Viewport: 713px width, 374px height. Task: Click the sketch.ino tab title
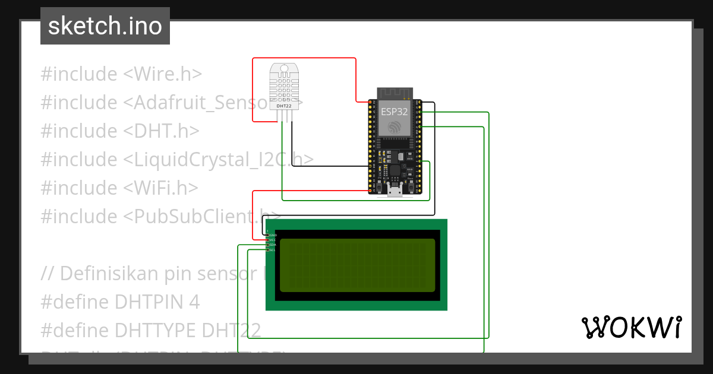click(x=105, y=26)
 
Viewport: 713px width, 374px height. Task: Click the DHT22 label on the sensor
click(x=284, y=106)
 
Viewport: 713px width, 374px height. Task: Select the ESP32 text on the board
click(x=395, y=111)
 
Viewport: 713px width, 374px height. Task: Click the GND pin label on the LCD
click(x=273, y=235)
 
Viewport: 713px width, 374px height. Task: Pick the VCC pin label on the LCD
click(x=273, y=240)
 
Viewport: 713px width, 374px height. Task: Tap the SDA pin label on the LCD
click(x=273, y=245)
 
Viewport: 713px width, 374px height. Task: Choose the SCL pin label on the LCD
click(x=273, y=250)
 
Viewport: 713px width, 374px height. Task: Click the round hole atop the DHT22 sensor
click(x=284, y=69)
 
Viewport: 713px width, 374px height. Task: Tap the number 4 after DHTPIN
click(x=194, y=302)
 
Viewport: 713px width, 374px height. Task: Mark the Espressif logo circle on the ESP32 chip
click(x=395, y=126)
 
